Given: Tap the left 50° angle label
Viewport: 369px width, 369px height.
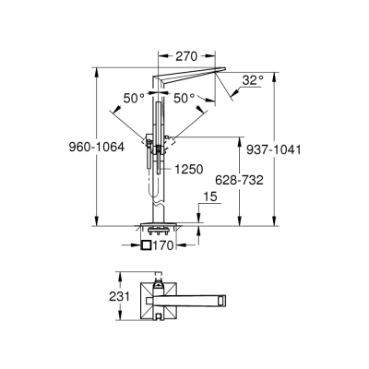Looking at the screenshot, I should [134, 97].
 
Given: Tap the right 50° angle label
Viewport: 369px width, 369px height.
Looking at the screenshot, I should [184, 97].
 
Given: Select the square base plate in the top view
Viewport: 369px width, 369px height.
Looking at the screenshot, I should [146, 297].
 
